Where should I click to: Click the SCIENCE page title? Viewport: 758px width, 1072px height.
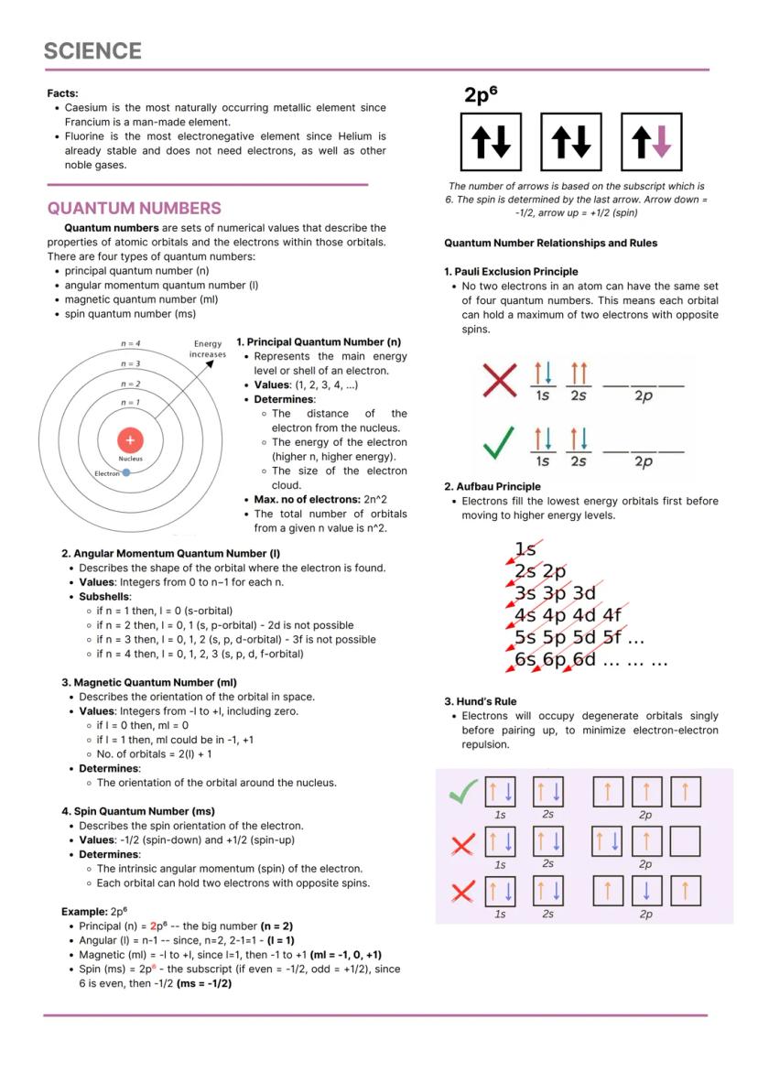92,51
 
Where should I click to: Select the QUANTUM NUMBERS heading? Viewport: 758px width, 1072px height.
134,208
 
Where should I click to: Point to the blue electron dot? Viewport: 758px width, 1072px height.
125,472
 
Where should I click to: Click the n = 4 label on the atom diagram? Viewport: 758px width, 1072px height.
129,343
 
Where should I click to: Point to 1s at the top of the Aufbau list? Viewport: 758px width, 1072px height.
525,550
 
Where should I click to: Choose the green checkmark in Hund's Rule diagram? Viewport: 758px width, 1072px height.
462,793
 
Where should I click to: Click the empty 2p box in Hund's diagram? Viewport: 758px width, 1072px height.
686,840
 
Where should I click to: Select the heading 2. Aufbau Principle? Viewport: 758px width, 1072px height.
493,487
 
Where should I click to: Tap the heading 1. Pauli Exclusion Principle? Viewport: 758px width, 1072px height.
511,272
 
